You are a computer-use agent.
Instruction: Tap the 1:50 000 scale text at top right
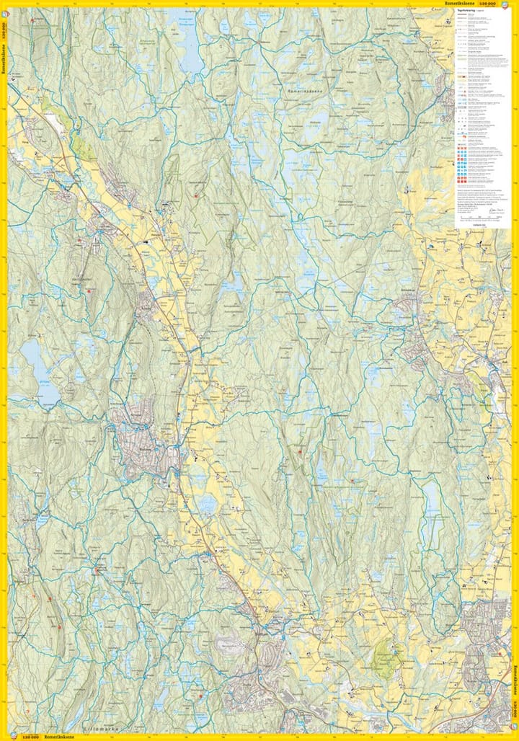click(x=497, y=4)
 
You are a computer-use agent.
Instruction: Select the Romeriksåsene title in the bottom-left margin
click(x=61, y=737)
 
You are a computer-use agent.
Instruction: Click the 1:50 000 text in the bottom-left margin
click(x=30, y=737)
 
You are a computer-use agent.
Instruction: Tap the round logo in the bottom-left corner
click(x=12, y=736)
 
